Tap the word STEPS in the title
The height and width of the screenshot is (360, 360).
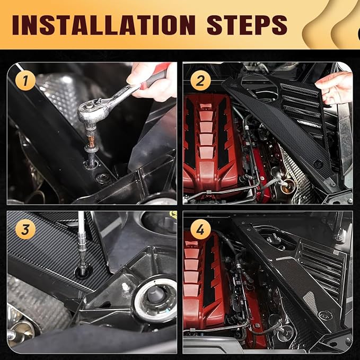click(243, 25)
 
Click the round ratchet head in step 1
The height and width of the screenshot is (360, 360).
click(91, 112)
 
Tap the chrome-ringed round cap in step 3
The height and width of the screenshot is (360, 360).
click(155, 298)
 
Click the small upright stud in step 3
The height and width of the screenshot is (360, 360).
click(126, 288)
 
